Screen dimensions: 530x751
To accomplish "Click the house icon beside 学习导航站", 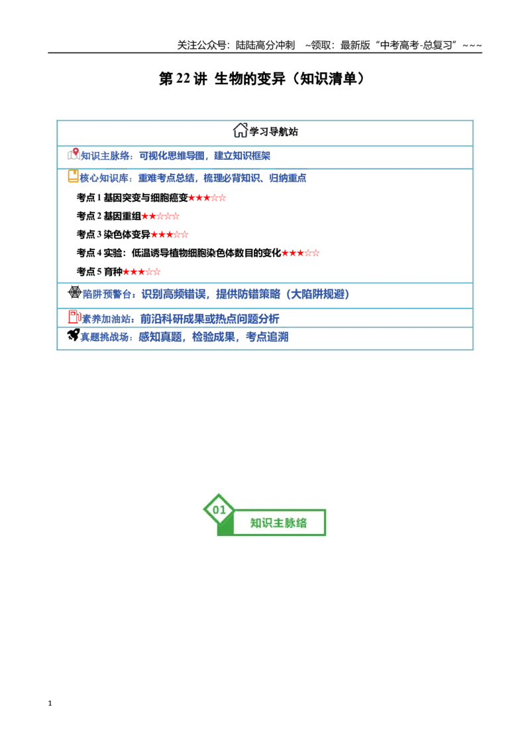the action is pyautogui.click(x=240, y=130).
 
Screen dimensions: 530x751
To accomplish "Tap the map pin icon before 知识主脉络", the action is pyautogui.click(x=74, y=154).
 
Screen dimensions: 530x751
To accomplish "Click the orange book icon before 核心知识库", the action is pyautogui.click(x=73, y=176).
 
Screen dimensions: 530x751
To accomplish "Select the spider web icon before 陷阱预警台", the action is pyautogui.click(x=75, y=292).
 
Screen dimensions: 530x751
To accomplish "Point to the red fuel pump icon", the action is pyautogui.click(x=75, y=316).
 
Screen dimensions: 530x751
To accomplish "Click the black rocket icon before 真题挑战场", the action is pyautogui.click(x=74, y=335).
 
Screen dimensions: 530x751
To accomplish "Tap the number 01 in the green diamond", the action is pyautogui.click(x=219, y=510).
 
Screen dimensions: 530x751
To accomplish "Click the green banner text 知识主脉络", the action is pyautogui.click(x=278, y=523).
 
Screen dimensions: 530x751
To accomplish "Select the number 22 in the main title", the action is pyautogui.click(x=184, y=78).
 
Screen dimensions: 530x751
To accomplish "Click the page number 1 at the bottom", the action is pyautogui.click(x=50, y=703).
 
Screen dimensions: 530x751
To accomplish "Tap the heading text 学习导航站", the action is pyautogui.click(x=274, y=132).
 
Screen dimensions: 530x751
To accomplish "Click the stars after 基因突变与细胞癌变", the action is pyautogui.click(x=207, y=197).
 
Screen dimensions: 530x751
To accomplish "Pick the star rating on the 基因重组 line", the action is pyautogui.click(x=160, y=216).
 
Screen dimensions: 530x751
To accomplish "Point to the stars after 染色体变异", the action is pyautogui.click(x=170, y=235).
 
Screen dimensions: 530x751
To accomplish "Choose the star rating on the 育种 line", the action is pyautogui.click(x=142, y=271).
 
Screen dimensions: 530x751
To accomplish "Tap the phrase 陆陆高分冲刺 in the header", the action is pyautogui.click(x=265, y=46).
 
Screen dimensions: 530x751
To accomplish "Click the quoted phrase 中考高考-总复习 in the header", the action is pyautogui.click(x=416, y=46).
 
